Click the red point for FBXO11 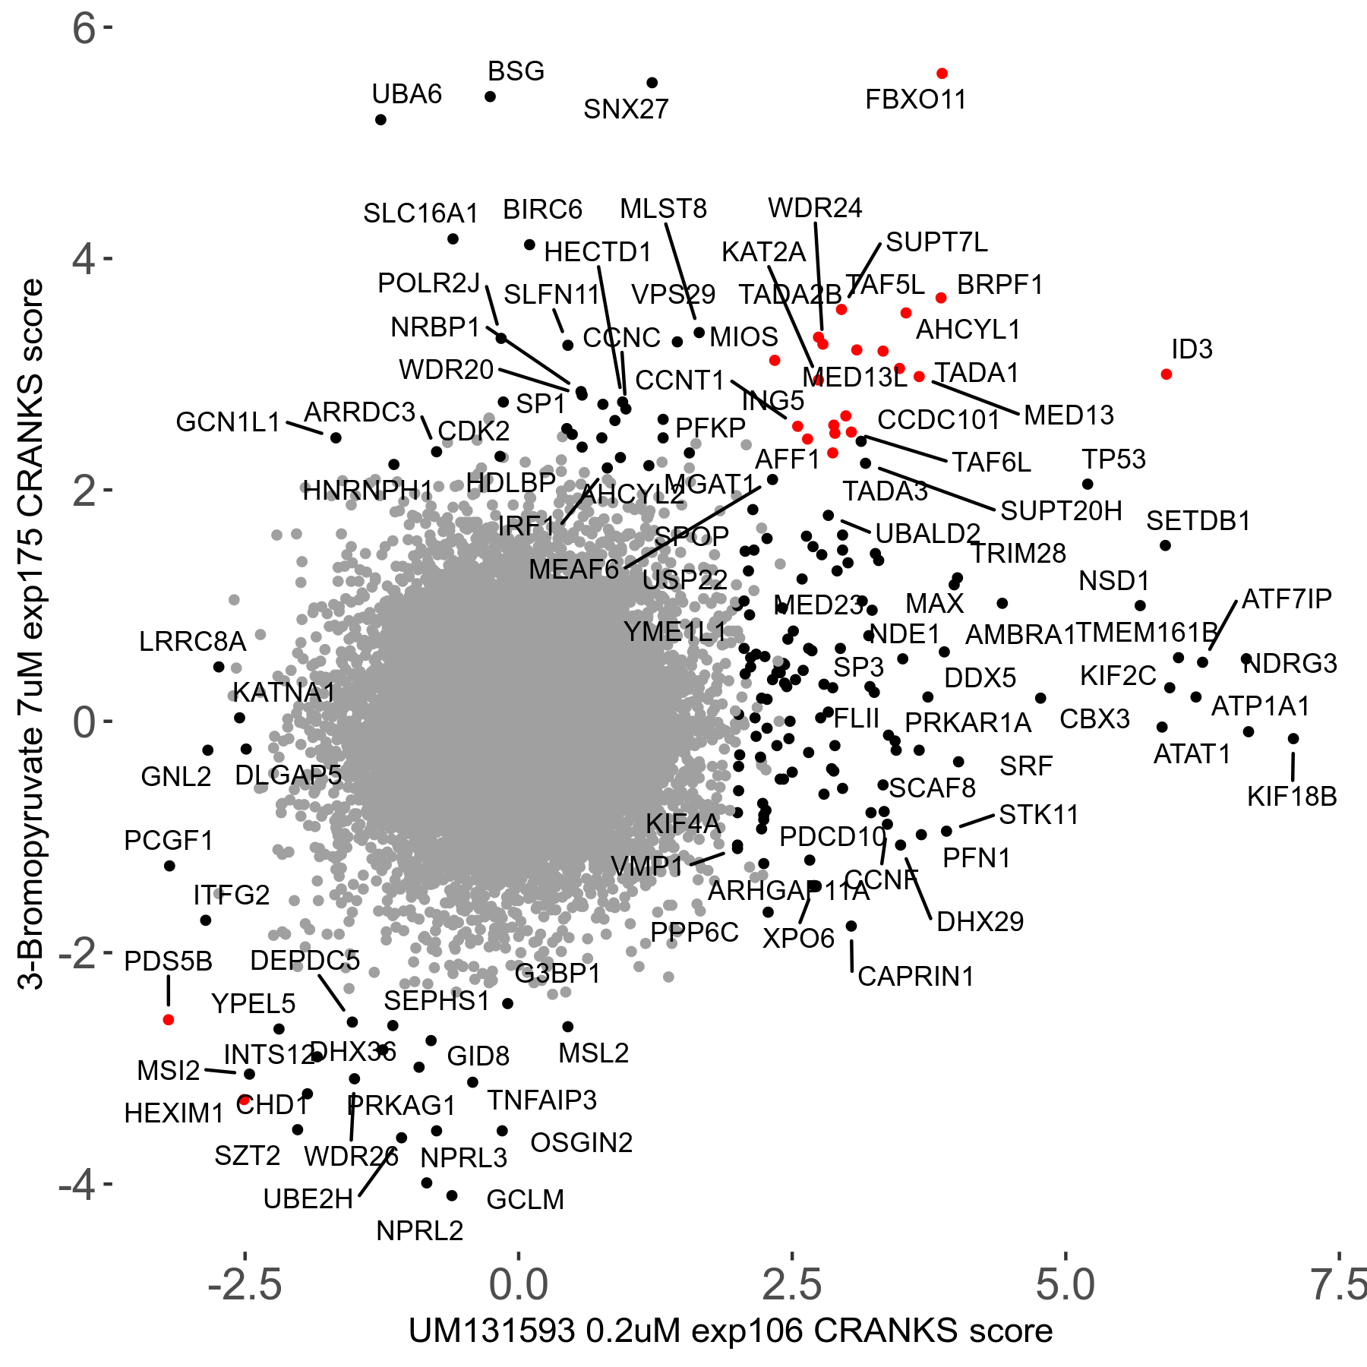point(942,74)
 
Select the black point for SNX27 point(652,83)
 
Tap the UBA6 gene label point(406,94)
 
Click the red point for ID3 point(1167,374)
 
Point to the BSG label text point(516,71)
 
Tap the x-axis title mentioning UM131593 point(731,1331)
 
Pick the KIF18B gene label point(1292,797)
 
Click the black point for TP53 point(1088,485)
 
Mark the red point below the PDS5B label point(169,1020)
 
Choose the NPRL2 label point(419,1231)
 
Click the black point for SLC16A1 point(453,239)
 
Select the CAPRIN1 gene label point(915,977)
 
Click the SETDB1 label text point(1198,521)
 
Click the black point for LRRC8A point(219,668)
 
